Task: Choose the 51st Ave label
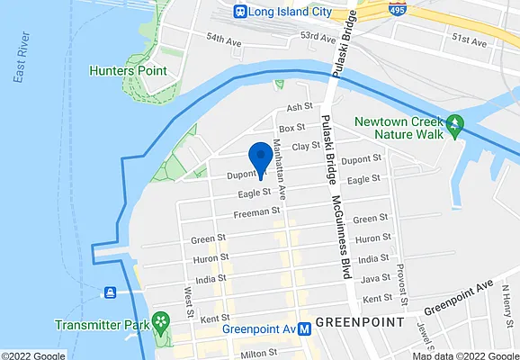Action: click(469, 40)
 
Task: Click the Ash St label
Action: click(298, 107)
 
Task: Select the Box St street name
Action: click(291, 128)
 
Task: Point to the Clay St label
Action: click(307, 145)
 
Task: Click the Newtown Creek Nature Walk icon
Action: click(456, 122)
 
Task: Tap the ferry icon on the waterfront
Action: click(110, 292)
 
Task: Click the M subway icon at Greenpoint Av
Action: click(306, 328)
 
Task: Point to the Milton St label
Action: click(262, 354)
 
